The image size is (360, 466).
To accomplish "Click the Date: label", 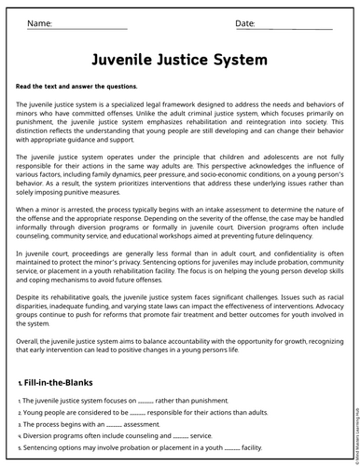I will point(245,21).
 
